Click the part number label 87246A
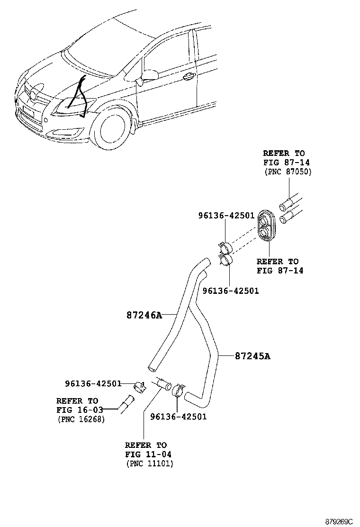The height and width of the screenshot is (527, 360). (x=144, y=315)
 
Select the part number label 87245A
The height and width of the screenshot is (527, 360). (x=252, y=356)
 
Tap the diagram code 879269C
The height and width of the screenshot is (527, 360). (x=339, y=521)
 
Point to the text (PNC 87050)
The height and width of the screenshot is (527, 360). (x=287, y=172)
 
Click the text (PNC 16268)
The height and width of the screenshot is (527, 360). (x=81, y=419)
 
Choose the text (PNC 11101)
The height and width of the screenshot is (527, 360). (x=150, y=463)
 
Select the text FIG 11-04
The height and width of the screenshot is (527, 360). (x=148, y=454)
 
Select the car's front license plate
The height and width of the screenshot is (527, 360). (x=28, y=112)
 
